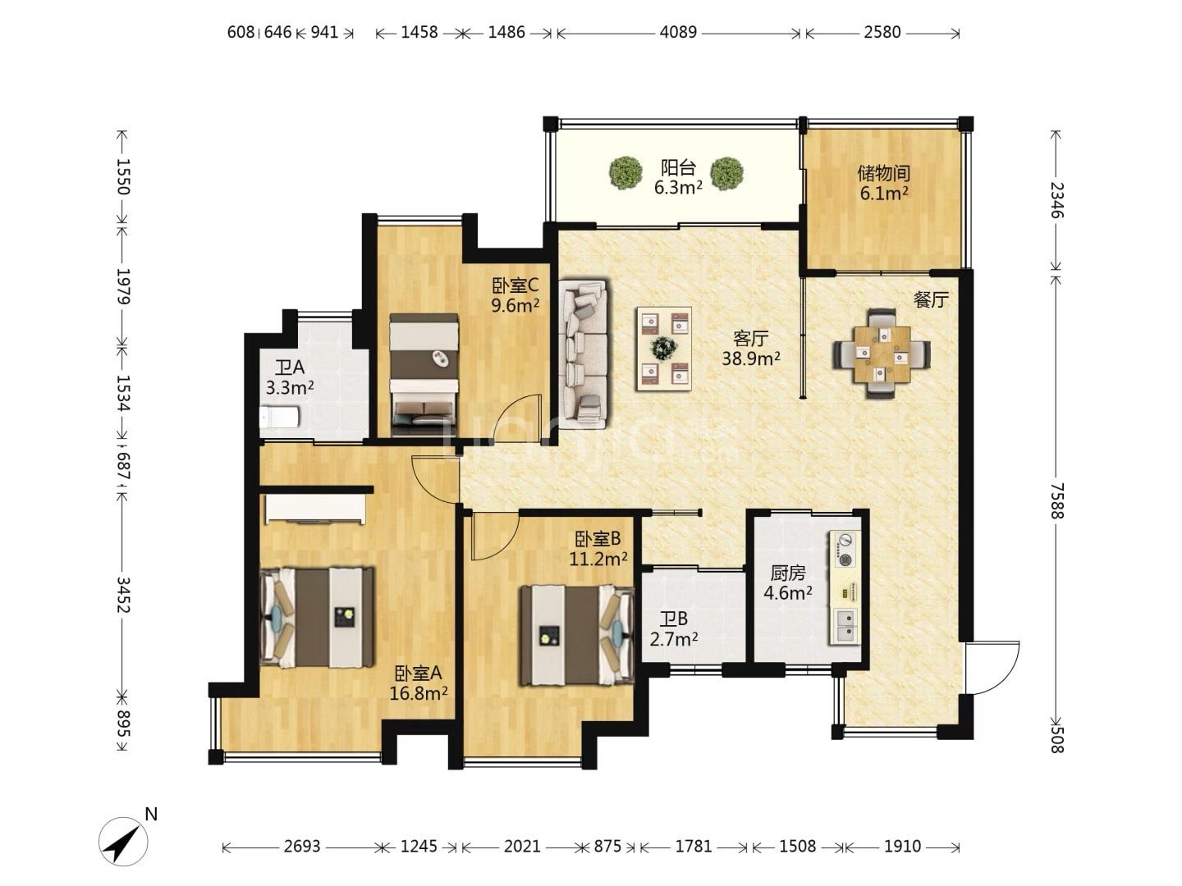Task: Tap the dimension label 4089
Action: click(x=678, y=32)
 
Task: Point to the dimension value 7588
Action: click(x=1057, y=500)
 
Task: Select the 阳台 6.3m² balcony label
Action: click(x=678, y=177)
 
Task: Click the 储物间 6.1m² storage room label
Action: click(x=884, y=182)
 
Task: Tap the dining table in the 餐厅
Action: click(x=882, y=353)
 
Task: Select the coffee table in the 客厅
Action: click(x=664, y=349)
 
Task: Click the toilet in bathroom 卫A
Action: click(x=278, y=417)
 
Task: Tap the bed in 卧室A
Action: click(x=317, y=617)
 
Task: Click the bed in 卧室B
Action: click(x=576, y=635)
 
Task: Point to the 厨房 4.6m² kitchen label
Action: click(x=788, y=583)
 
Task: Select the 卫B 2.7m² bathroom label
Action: click(x=674, y=629)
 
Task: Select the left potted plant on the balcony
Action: click(x=625, y=172)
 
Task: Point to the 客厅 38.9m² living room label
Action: click(x=751, y=349)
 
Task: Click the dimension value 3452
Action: click(x=123, y=595)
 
